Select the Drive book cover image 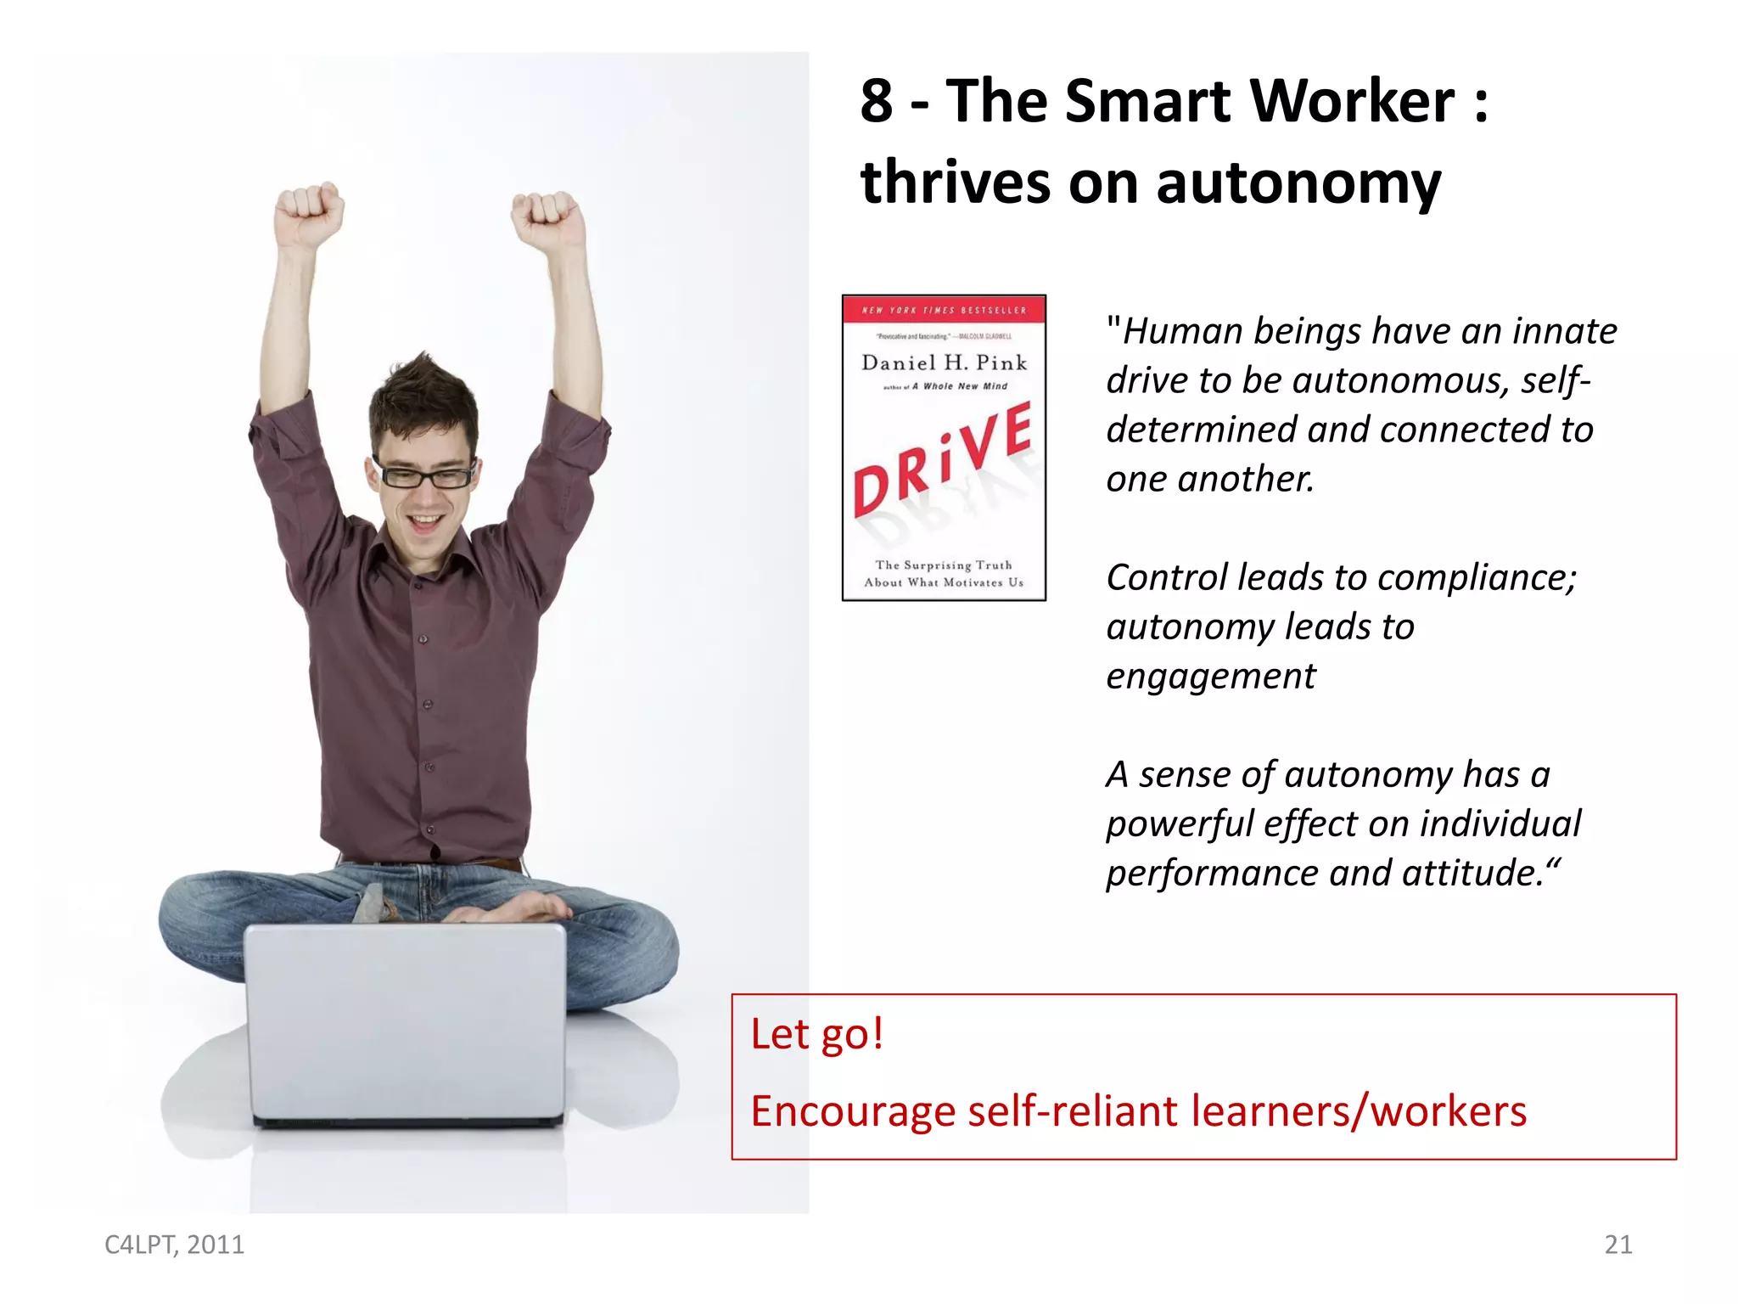(x=944, y=448)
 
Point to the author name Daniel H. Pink (x=944, y=363)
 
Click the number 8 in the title (x=877, y=102)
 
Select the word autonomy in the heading (x=1298, y=183)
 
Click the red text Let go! (x=816, y=1034)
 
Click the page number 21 (x=1617, y=1245)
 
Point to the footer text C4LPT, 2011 (x=174, y=1245)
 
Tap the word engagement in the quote (x=1210, y=677)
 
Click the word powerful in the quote (x=1179, y=824)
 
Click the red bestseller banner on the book (x=944, y=310)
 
